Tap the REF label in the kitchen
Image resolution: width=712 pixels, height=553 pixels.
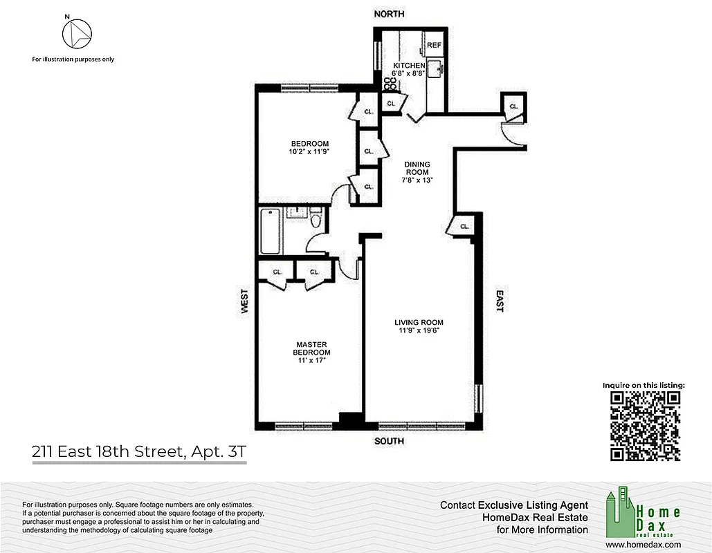point(434,45)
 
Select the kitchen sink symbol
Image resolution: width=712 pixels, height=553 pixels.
point(435,68)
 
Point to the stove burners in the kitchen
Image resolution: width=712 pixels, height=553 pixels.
point(390,84)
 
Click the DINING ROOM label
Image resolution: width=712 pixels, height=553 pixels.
point(418,169)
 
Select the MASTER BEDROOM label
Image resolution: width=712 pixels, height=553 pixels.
point(311,348)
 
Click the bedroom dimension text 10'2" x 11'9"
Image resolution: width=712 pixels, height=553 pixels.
point(309,152)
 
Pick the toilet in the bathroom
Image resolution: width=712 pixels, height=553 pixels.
point(316,220)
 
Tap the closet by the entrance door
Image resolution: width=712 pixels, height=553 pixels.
point(513,106)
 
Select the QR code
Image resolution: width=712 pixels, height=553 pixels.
point(645,426)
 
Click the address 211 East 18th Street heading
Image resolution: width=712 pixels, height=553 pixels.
point(138,453)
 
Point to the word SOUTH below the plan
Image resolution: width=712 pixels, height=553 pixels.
point(389,441)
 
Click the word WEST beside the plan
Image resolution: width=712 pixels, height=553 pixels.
point(244,301)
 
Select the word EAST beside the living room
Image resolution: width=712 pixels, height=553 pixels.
point(499,301)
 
